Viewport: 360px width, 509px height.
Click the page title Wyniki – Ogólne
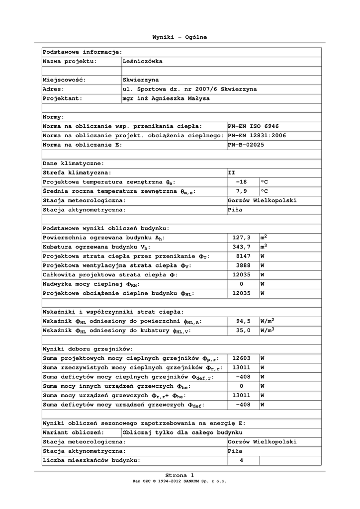coord(180,37)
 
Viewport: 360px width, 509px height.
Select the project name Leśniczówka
coord(142,61)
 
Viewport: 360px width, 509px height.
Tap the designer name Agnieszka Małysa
coord(166,98)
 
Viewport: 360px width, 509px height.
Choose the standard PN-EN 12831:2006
coord(257,136)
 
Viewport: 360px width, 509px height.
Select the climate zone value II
coord(232,172)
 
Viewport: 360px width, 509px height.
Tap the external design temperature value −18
coord(241,182)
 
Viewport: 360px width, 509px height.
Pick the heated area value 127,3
coord(241,238)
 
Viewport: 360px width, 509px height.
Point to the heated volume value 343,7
coord(241,247)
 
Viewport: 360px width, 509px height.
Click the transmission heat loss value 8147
coord(241,256)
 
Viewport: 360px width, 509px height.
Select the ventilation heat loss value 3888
coord(241,265)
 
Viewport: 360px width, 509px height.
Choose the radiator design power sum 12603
coord(241,358)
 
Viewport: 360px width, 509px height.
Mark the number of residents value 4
coord(241,460)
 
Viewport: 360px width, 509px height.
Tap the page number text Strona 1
coord(180,475)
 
